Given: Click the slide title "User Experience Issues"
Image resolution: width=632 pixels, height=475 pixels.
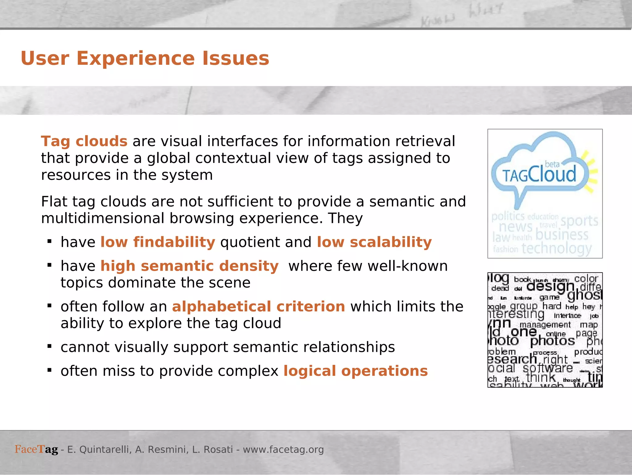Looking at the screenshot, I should [145, 58].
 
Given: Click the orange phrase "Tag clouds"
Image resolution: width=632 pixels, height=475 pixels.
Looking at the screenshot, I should [84, 141].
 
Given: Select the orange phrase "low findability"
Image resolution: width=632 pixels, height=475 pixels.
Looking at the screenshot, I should [158, 242].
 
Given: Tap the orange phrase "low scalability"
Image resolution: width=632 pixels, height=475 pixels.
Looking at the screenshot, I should [374, 242].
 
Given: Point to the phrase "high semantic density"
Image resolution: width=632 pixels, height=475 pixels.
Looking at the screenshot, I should [189, 266].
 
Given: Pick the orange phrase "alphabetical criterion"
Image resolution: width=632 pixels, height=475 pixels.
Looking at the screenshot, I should [258, 306].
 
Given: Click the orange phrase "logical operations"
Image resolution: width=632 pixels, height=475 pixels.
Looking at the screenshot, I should [355, 371].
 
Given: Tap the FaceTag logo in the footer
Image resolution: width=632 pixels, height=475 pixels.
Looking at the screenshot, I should [36, 449].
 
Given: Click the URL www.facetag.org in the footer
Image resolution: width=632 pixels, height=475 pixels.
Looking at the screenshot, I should [283, 450].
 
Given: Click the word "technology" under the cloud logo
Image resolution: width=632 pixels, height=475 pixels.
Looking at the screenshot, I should [556, 248].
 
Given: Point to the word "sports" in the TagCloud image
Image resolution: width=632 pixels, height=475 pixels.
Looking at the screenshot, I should [579, 221].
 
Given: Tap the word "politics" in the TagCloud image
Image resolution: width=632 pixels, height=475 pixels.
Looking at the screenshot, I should [508, 216].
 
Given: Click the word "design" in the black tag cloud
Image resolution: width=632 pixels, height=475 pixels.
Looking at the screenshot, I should [550, 286].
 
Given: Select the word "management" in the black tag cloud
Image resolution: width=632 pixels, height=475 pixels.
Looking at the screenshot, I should [545, 325].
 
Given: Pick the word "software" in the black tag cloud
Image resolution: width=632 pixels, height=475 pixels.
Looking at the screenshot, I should [548, 368].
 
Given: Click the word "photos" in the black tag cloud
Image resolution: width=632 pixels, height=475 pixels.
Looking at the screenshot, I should [552, 341].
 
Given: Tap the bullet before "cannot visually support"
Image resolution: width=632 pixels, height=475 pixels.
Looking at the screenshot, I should [49, 346].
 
